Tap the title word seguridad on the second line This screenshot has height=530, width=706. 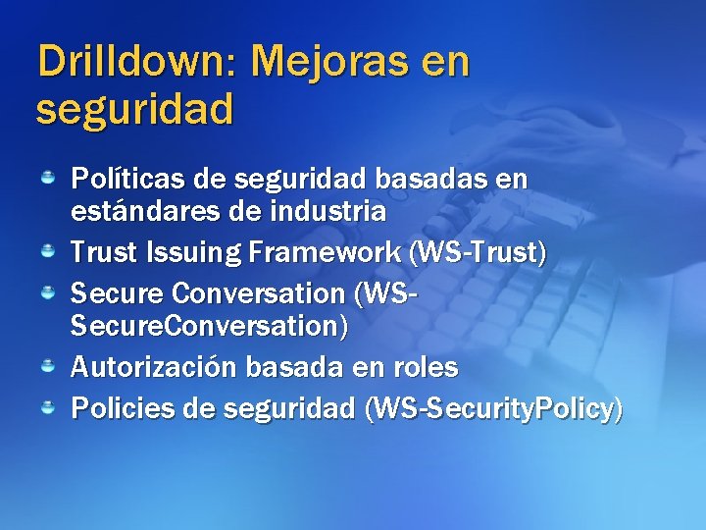click(135, 109)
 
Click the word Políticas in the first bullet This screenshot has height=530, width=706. click(124, 180)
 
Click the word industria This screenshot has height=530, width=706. click(328, 211)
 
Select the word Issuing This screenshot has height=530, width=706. click(193, 252)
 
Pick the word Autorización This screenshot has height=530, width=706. click(154, 368)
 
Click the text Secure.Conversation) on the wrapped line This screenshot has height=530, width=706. click(209, 326)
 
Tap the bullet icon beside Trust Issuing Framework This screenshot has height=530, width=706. click(47, 252)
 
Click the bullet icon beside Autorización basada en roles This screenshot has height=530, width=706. click(47, 367)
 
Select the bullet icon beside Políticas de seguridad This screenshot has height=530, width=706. click(47, 179)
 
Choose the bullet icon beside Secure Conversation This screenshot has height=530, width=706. click(47, 293)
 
